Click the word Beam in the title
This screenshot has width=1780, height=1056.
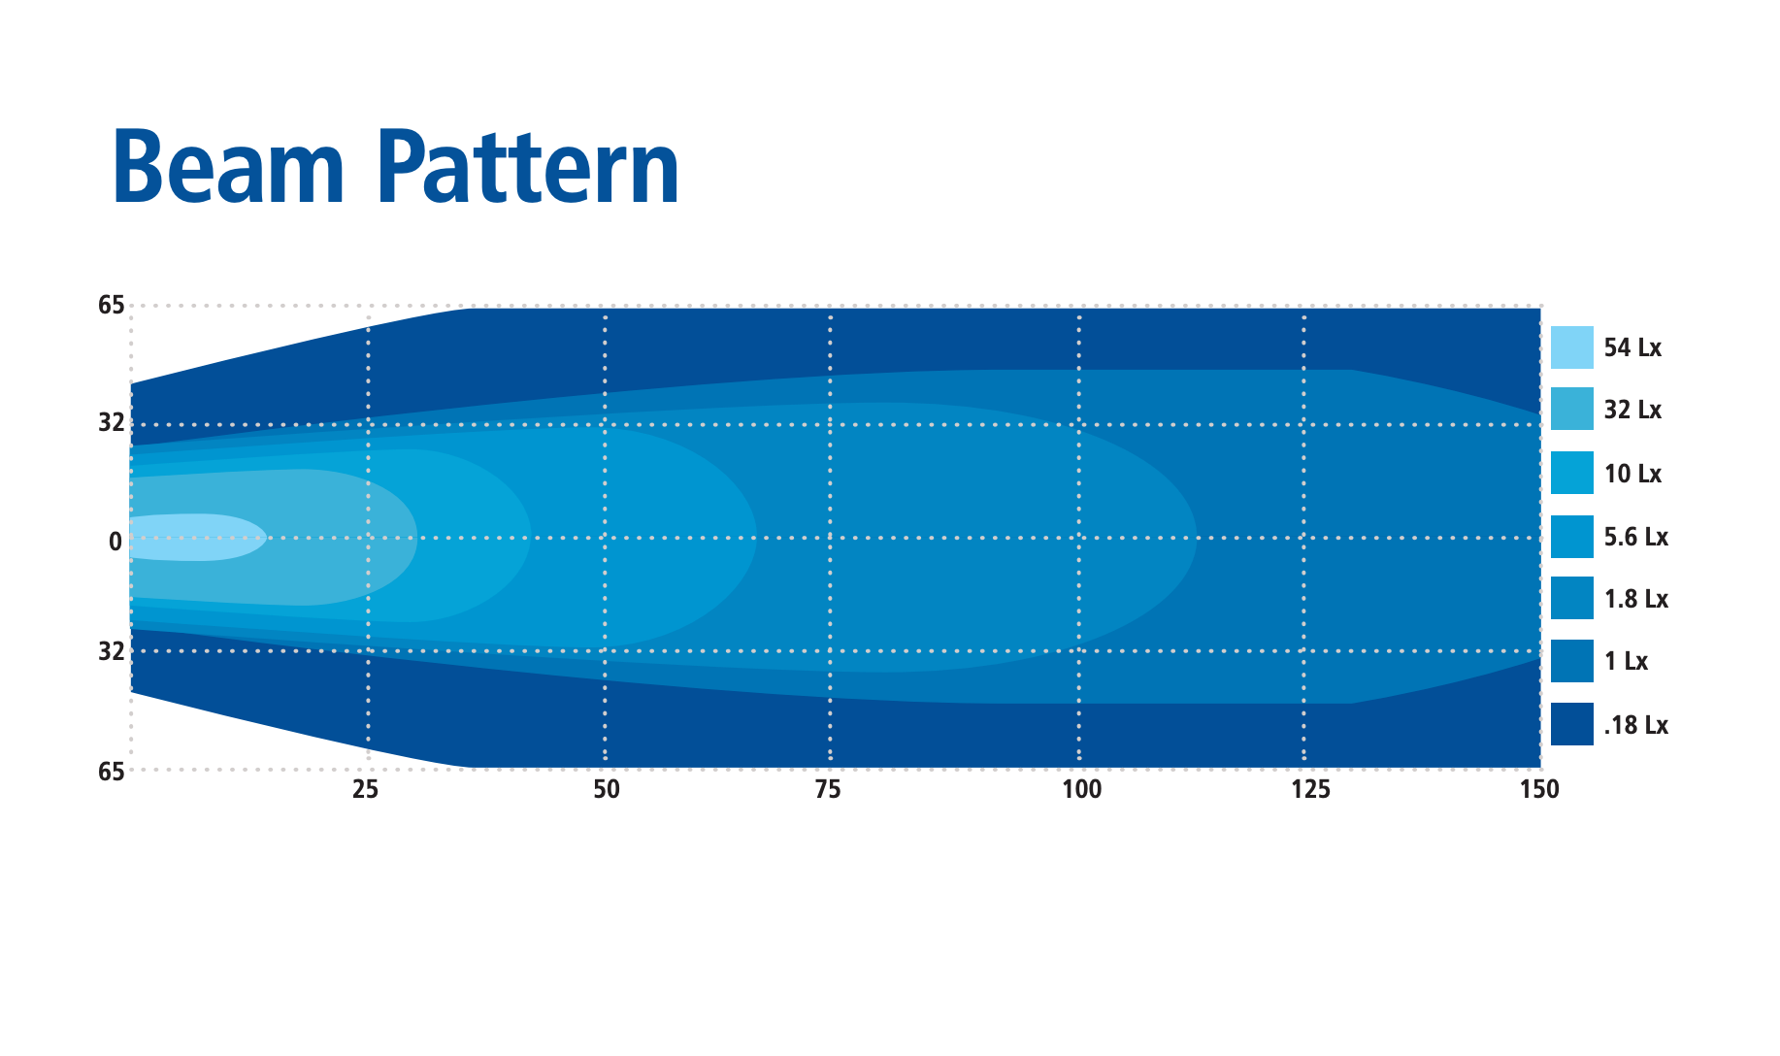(229, 168)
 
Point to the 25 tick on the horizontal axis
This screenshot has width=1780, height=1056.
(365, 790)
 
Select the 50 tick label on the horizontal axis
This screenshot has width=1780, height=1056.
(607, 790)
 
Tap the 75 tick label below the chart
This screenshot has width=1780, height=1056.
(828, 790)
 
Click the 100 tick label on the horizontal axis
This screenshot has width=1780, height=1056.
(1081, 790)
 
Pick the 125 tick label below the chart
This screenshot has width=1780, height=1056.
(1310, 790)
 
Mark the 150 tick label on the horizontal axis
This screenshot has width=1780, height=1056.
(1539, 790)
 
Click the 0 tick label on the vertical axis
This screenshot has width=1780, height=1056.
(115, 542)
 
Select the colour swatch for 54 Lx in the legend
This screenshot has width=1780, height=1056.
(1572, 347)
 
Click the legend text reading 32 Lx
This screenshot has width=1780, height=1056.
(1632, 410)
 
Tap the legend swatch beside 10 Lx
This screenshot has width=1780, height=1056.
(1572, 473)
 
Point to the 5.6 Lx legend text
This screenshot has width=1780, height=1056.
(1636, 537)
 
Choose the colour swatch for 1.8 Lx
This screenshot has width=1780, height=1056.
(1572, 598)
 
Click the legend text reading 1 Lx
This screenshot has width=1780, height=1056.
(1626, 662)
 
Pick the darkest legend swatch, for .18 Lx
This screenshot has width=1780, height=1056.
(1572, 724)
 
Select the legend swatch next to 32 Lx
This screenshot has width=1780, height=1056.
(1572, 410)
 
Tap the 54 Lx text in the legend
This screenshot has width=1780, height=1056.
(1632, 347)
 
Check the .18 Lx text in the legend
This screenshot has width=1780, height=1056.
(1636, 725)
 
